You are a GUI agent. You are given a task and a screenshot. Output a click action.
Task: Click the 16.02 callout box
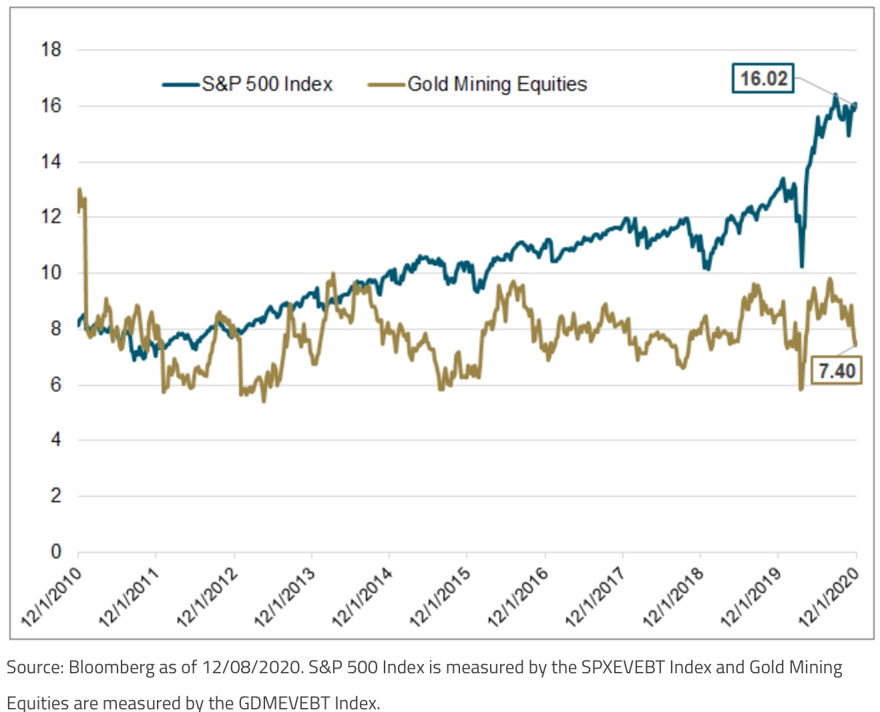point(763,78)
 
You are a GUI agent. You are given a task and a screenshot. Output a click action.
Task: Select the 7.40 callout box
point(837,370)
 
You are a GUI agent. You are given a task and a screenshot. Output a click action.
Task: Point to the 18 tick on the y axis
point(51,49)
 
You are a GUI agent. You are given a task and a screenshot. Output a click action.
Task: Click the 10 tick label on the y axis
point(51,273)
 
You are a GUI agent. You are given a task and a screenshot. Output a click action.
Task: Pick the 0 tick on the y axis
point(56,552)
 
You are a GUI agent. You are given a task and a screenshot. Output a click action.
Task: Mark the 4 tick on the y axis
point(56,439)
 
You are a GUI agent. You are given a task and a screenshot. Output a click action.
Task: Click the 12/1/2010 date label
point(52,597)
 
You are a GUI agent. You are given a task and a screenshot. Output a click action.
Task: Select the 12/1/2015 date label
point(441,597)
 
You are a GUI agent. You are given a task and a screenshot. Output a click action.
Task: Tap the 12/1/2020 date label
point(829,597)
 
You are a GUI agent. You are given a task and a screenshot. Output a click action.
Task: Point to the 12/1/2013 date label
point(285,597)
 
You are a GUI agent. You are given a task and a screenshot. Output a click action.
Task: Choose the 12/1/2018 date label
point(673,597)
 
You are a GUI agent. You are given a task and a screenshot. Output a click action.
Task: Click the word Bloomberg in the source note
point(112,667)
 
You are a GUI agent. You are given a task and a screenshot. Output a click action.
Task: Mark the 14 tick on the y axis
point(51,162)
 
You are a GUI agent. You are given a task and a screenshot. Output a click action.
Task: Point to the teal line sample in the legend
point(181,85)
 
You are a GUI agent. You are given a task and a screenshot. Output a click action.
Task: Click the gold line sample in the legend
point(387,85)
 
